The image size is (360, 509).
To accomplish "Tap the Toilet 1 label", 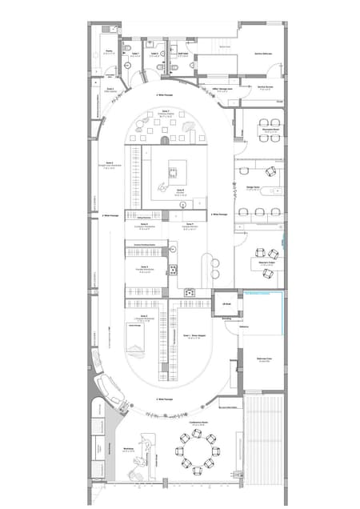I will click(x=136, y=54).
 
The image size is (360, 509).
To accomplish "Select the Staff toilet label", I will click(x=183, y=54).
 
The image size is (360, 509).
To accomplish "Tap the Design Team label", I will click(x=253, y=188).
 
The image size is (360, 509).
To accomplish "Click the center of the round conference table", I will click(x=197, y=451).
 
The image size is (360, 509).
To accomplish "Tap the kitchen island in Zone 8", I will click(x=175, y=170).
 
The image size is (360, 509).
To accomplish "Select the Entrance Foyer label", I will click(x=264, y=359).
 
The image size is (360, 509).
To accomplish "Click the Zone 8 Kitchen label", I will click(x=180, y=190).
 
